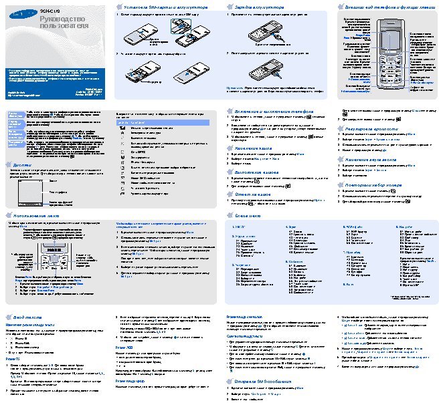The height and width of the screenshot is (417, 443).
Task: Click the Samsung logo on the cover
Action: point(21,13)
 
